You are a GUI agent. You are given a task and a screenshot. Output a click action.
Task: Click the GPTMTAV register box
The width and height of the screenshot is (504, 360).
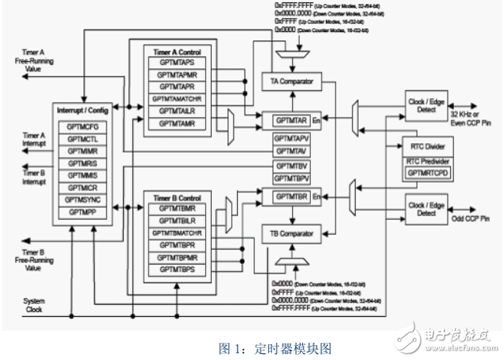(x=291, y=151)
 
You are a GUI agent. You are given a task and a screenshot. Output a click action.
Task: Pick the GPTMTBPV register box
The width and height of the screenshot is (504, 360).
(x=291, y=179)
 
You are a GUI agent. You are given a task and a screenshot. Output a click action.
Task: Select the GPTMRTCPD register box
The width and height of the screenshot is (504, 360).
(x=427, y=172)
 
